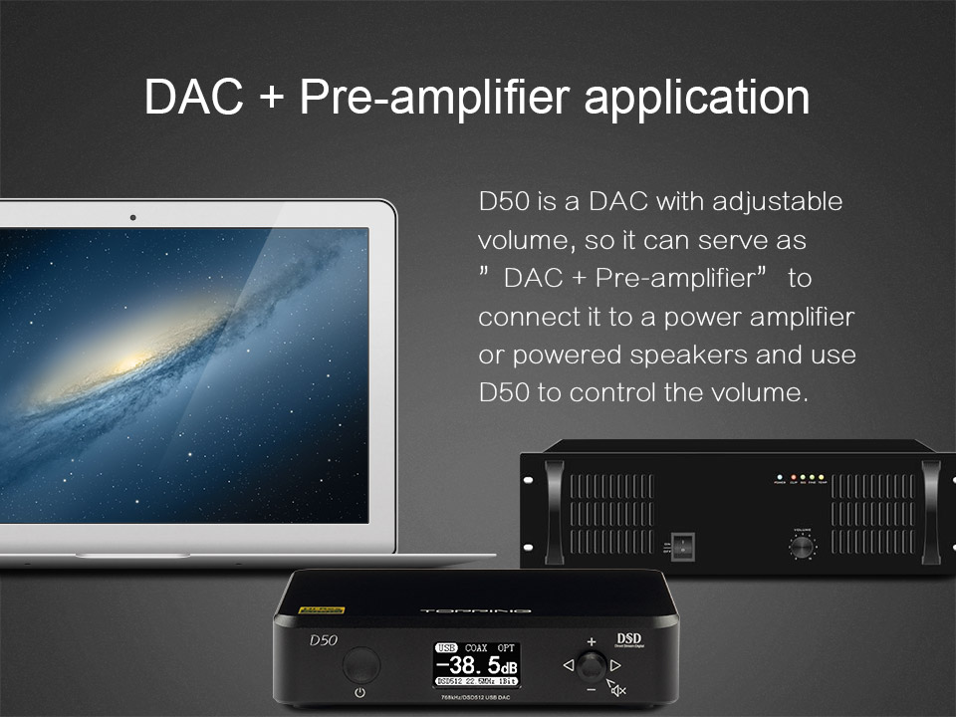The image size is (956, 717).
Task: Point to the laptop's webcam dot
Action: (x=132, y=217)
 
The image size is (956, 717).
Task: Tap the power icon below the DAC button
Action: (x=359, y=692)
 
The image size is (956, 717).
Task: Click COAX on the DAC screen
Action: (x=482, y=647)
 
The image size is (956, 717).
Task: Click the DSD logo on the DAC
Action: (x=628, y=639)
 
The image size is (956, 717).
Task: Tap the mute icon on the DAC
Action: (x=617, y=687)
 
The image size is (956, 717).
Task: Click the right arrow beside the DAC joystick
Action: (x=615, y=664)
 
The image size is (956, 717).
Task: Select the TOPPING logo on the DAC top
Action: (x=477, y=608)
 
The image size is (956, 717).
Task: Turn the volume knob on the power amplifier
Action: (x=802, y=546)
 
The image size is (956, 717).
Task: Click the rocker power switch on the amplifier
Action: (x=683, y=546)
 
